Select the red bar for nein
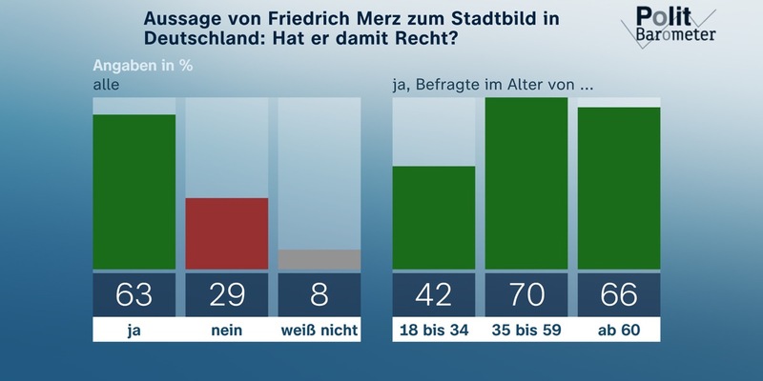click(227, 233)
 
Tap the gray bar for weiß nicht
click(320, 259)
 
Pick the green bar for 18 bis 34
click(434, 218)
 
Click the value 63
click(134, 294)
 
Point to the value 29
click(227, 294)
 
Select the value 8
click(320, 294)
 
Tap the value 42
click(434, 294)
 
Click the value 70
click(526, 294)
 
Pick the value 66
click(619, 294)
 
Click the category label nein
click(227, 331)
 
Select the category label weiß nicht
click(320, 331)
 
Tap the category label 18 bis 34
click(434, 331)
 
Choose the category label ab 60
click(619, 331)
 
